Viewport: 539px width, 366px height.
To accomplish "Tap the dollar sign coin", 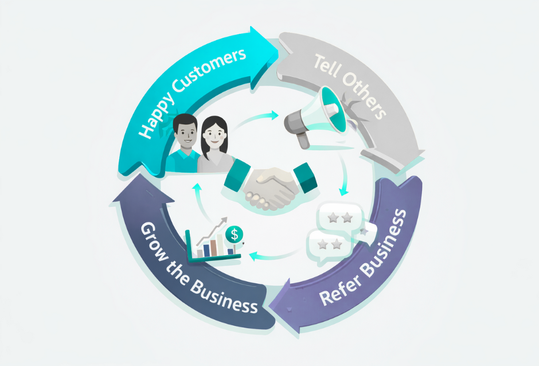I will pos(233,233).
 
